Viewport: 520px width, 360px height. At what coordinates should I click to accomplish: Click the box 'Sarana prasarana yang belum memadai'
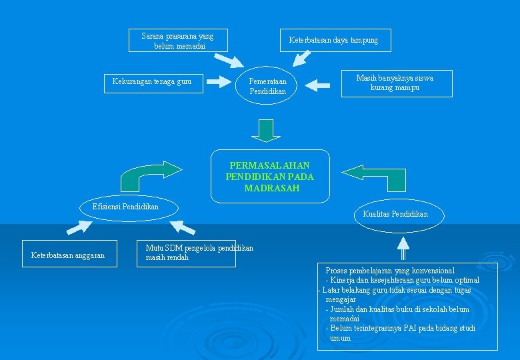point(178,41)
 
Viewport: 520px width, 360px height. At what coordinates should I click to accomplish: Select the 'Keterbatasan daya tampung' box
point(334,41)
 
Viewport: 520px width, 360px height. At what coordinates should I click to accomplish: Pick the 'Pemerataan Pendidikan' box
point(268,86)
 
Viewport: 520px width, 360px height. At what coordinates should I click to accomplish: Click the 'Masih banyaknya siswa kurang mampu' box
point(396,83)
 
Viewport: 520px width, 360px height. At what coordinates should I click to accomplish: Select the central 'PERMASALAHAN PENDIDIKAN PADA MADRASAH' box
point(270,177)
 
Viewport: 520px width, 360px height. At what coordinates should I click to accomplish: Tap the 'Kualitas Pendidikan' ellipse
point(395,214)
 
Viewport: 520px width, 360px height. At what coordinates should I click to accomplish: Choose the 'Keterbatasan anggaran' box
point(69,255)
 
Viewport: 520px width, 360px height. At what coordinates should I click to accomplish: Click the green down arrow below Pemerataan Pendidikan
point(267,129)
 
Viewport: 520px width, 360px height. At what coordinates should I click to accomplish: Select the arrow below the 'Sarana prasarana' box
point(229,61)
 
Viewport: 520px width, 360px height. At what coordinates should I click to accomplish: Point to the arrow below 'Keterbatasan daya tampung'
point(302,59)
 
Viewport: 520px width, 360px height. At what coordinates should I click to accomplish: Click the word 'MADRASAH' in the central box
point(271,189)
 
